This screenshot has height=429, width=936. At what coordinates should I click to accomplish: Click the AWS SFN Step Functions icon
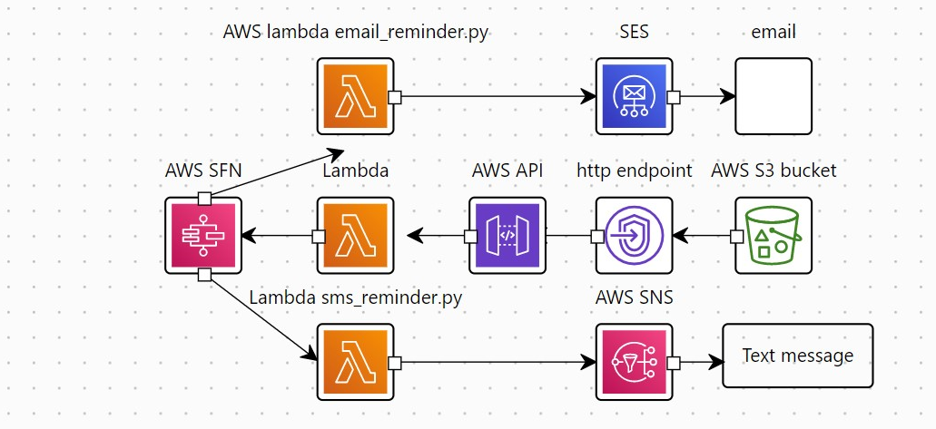203,236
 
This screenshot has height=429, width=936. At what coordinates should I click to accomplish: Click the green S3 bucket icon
773,236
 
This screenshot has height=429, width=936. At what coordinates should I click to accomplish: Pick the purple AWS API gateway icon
507,236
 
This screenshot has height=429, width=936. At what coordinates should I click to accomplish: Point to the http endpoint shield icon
634,236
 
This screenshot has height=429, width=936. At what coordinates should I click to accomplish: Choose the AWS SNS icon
634,362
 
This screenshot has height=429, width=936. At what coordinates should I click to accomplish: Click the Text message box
797,356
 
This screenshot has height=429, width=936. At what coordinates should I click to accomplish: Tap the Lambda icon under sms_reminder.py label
355,362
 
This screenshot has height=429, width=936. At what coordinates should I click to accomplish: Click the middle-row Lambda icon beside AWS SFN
355,236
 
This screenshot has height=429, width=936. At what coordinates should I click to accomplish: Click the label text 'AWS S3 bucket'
773,171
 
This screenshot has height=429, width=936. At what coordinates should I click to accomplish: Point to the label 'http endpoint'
634,171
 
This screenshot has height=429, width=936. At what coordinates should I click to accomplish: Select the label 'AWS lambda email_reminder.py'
356,32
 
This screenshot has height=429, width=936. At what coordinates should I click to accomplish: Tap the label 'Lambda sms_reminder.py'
356,297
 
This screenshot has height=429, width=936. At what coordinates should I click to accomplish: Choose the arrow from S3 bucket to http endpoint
704,236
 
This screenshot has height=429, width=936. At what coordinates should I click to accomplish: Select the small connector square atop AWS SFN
204,199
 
